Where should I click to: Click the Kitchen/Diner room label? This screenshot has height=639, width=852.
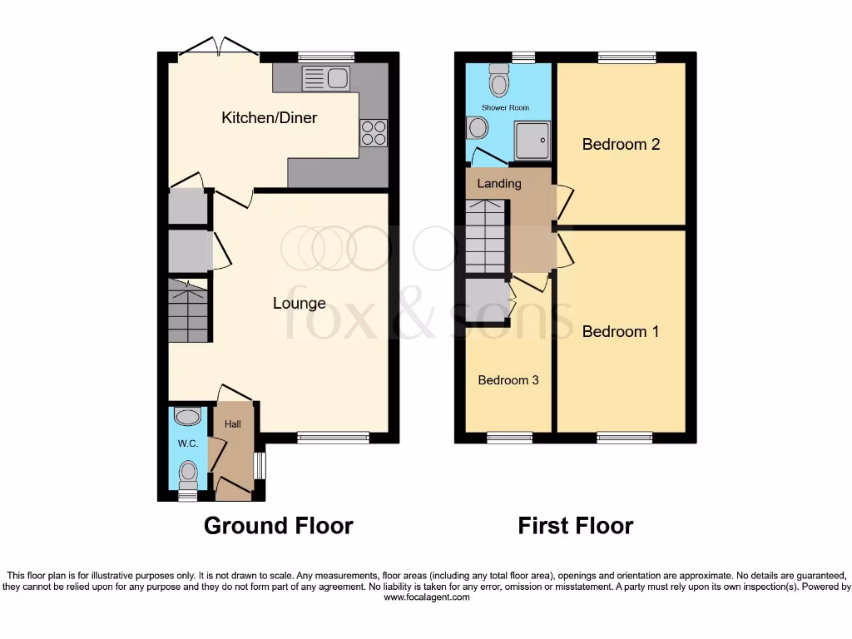coord(269,118)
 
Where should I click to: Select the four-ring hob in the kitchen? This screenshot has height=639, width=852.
coord(374,133)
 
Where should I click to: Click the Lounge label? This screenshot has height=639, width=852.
coord(299,304)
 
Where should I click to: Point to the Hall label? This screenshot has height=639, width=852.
coord(232,424)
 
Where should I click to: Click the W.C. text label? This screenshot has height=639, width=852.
coord(187,443)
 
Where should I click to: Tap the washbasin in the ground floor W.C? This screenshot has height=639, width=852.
coord(188,417)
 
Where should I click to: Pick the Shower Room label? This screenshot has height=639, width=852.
coord(506,108)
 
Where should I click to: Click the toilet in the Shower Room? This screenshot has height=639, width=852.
coord(499,82)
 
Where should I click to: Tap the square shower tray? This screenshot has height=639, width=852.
coord(532,140)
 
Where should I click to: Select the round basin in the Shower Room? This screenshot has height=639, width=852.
coord(478,128)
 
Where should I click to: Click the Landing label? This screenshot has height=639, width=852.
coord(499,183)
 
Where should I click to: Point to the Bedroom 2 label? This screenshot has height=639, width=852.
coord(621,145)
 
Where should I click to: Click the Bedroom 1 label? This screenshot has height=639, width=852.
coord(621,332)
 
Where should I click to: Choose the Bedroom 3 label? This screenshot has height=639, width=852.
coord(508,380)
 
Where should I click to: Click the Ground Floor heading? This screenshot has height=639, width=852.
coord(279,526)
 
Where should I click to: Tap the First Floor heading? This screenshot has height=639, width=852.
coord(575,526)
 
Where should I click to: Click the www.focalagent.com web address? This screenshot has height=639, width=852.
coord(426,597)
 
